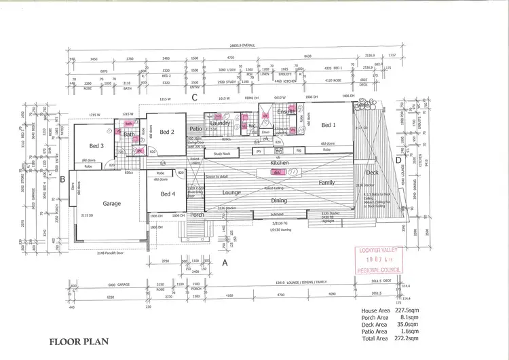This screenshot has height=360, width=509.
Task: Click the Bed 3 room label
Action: click(x=96, y=146)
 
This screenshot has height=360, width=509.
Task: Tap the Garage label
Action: click(x=111, y=203)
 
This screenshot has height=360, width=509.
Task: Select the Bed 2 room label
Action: click(x=168, y=132)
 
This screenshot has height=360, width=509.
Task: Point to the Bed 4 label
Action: click(x=168, y=194)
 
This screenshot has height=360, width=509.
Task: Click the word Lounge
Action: click(x=232, y=193)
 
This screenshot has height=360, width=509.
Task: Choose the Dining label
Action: click(x=279, y=200)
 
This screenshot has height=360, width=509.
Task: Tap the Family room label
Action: click(x=326, y=183)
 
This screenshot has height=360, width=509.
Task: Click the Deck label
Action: click(x=372, y=173)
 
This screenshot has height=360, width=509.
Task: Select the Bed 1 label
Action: click(x=329, y=125)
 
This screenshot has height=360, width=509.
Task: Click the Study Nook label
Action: click(x=223, y=154)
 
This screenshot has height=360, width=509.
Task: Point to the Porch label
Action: click(x=197, y=215)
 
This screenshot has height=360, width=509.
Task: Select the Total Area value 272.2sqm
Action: click(x=410, y=338)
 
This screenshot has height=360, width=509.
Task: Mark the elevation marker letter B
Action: click(x=62, y=180)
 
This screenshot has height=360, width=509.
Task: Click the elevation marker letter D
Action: click(x=398, y=160)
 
